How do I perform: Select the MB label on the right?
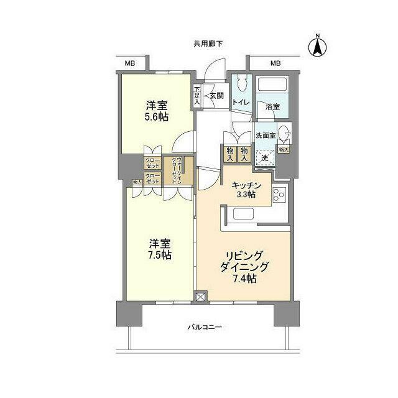click(x=275, y=63)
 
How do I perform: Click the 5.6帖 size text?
click(x=155, y=116)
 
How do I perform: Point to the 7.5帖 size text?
click(x=160, y=255)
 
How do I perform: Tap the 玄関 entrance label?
click(x=216, y=95)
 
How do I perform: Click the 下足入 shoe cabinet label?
click(x=197, y=95)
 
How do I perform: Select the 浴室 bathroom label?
click(x=272, y=106)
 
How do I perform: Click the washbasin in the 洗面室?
click(x=284, y=133)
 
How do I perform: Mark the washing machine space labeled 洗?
click(x=265, y=157)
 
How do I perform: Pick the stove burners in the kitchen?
click(x=279, y=194)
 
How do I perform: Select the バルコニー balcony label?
click(x=205, y=328)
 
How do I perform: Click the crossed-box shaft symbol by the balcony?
click(x=201, y=297)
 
